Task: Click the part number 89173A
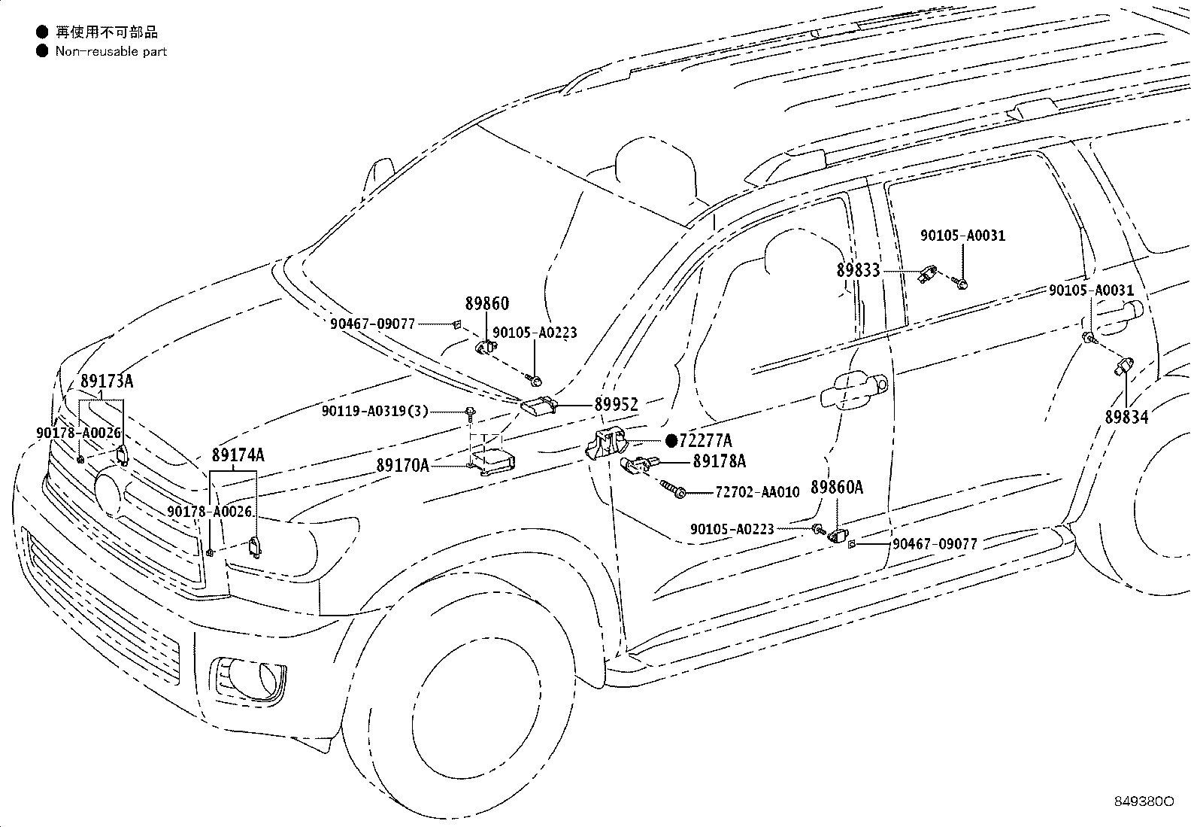click(x=107, y=382)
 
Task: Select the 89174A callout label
click(x=238, y=455)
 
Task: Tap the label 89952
click(x=616, y=405)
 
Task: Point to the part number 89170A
click(x=403, y=465)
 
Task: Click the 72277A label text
click(x=705, y=441)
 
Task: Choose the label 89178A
click(x=720, y=461)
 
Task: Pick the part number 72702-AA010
click(x=757, y=492)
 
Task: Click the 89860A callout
click(x=837, y=488)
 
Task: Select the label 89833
click(x=858, y=271)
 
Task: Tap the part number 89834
click(x=1126, y=417)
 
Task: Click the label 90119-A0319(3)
click(x=375, y=412)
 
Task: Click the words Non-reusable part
click(x=111, y=52)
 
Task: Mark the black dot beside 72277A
click(x=671, y=441)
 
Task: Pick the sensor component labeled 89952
click(x=539, y=406)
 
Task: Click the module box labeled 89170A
click(x=492, y=462)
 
